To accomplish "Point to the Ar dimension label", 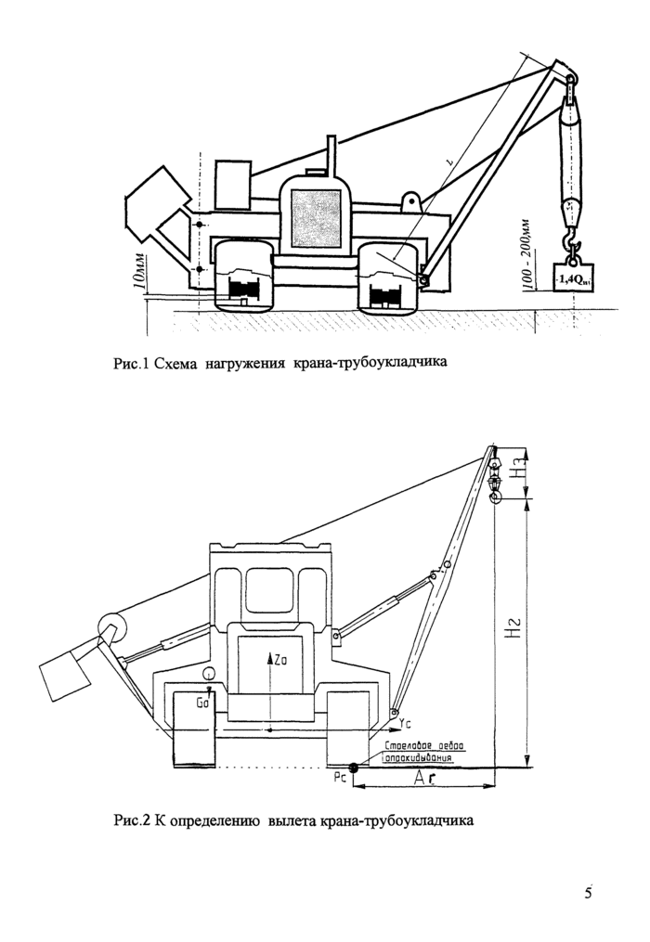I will pos(426,781).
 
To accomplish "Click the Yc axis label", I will pos(402,722).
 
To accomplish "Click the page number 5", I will pos(589,894).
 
